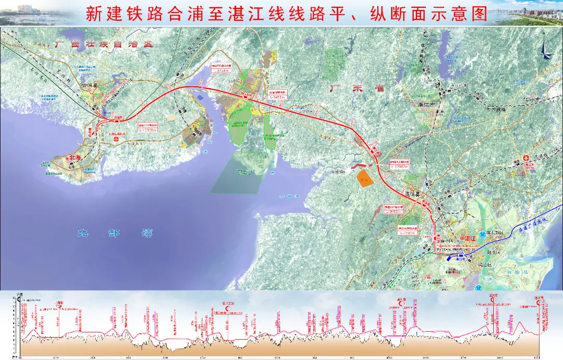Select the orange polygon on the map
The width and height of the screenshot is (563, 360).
(x=363, y=178)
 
